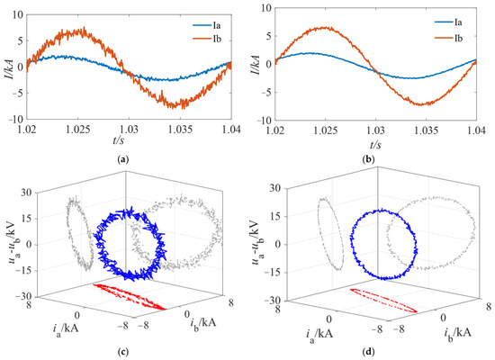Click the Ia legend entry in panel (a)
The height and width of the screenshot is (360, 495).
pyautogui.click(x=207, y=25)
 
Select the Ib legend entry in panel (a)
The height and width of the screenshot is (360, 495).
pyautogui.click(x=207, y=39)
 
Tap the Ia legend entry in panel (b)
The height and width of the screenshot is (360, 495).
pyautogui.click(x=448, y=22)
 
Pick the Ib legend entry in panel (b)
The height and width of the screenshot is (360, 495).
pyautogui.click(x=448, y=39)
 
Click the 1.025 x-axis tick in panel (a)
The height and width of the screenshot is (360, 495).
pyautogui.click(x=78, y=130)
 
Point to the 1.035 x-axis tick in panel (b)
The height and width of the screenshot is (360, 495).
pyautogui.click(x=427, y=130)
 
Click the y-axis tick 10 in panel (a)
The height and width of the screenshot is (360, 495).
pyautogui.click(x=18, y=14)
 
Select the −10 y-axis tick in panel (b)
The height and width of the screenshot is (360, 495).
pyautogui.click(x=264, y=121)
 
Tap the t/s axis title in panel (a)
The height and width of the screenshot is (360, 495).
pyautogui.click(x=119, y=139)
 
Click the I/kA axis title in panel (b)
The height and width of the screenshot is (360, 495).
pyautogui.click(x=256, y=64)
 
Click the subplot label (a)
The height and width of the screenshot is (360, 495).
pyautogui.click(x=122, y=160)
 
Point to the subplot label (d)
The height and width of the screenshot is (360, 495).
pyautogui.click(x=369, y=351)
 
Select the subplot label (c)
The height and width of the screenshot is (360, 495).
pyautogui.click(x=122, y=351)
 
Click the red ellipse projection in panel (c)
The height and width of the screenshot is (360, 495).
pyautogui.click(x=129, y=296)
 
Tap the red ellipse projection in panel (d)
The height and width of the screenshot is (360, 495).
pyautogui.click(x=383, y=301)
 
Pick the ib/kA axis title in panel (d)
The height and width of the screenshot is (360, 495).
pyautogui.click(x=457, y=334)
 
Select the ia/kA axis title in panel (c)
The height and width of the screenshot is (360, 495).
pyautogui.click(x=66, y=329)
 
